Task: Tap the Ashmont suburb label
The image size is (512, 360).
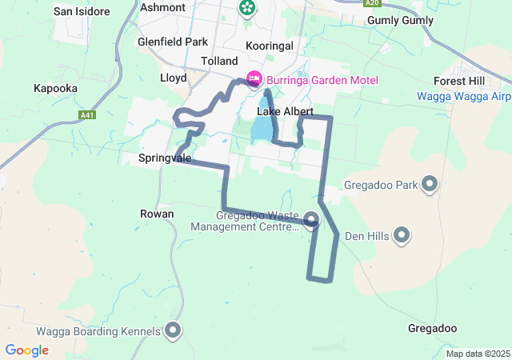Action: click(x=162, y=7)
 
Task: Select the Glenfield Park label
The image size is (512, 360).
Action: click(x=172, y=42)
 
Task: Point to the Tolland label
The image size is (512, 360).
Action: click(x=219, y=61)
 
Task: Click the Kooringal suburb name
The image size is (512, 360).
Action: click(x=270, y=46)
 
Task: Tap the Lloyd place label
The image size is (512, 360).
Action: click(x=173, y=78)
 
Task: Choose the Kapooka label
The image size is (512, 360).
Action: click(x=54, y=88)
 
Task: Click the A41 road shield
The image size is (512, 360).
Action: click(x=89, y=115)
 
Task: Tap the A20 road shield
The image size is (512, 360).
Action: click(x=371, y=3)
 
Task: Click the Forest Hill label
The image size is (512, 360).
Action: click(x=460, y=82)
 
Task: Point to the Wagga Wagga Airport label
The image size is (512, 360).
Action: click(x=464, y=97)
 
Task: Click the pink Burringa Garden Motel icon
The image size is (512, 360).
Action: click(x=254, y=79)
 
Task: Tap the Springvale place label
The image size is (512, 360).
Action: click(x=165, y=158)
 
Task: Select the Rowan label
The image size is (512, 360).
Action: click(x=157, y=214)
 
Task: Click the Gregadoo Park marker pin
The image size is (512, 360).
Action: click(x=430, y=185)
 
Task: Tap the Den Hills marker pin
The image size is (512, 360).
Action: click(x=402, y=235)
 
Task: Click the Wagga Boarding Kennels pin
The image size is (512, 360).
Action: click(x=172, y=330)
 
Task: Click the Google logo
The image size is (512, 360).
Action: click(x=27, y=350)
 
